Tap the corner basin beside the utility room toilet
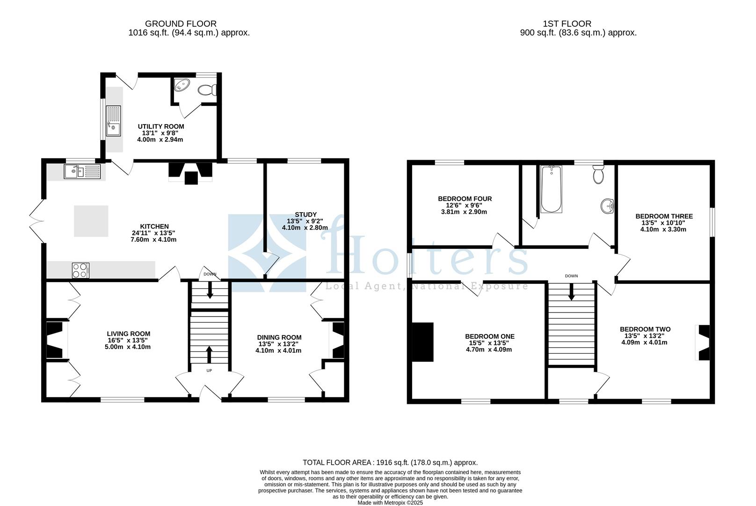tap(181, 86)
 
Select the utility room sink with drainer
tap(113, 121)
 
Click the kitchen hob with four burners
tap(80, 270)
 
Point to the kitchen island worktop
tap(91, 221)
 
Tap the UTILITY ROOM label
tap(160, 126)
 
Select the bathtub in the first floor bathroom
tap(551, 189)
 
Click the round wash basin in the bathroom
tap(607, 205)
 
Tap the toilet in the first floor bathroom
tap(598, 174)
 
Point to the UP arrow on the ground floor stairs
tap(209, 356)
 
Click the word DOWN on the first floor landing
tap(571, 276)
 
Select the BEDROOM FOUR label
tap(465, 199)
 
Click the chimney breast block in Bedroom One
tap(422, 342)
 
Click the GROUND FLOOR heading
tap(181, 23)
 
